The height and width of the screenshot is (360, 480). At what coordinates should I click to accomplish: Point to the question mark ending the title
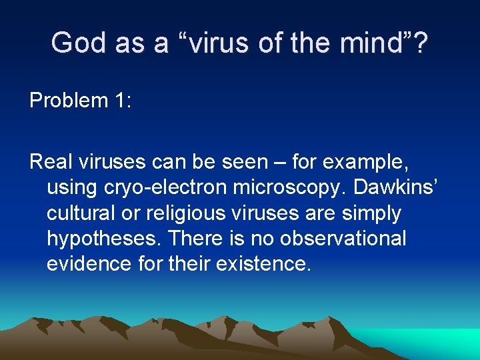click(x=419, y=43)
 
